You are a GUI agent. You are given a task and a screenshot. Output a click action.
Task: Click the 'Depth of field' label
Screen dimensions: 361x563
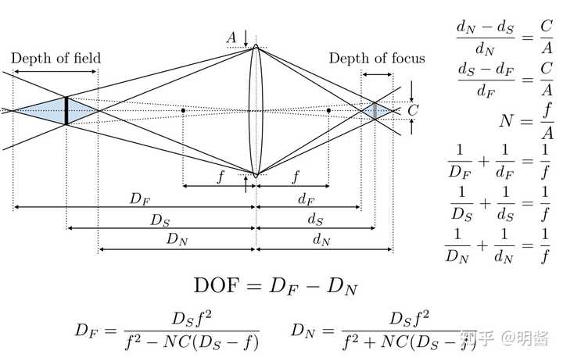(56, 59)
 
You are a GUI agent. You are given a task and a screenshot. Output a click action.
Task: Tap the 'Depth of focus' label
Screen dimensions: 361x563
(377, 59)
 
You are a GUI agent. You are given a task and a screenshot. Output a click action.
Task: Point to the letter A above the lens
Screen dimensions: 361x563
(231, 37)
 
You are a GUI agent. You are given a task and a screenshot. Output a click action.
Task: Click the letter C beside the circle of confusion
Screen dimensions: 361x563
(413, 110)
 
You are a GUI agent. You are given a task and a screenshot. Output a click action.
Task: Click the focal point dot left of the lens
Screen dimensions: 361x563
(183, 110)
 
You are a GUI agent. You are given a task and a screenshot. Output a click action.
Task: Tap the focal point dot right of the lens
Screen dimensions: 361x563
(328, 110)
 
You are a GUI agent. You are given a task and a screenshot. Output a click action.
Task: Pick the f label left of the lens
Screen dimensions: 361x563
(221, 177)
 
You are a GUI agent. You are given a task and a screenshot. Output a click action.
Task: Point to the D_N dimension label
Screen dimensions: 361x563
(177, 241)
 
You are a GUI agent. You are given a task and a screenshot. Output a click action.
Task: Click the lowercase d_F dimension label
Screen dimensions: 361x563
(307, 199)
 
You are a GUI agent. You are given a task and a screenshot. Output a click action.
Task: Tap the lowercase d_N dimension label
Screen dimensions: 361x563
(321, 241)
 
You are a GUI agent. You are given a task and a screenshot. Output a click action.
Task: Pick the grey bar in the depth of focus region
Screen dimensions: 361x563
(375, 110)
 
